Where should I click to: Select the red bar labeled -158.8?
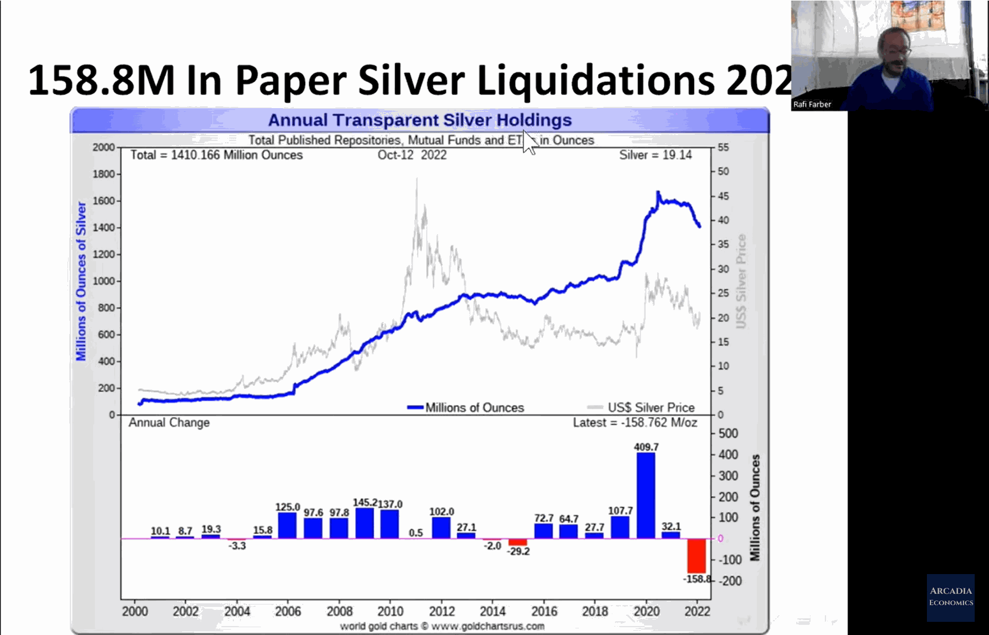click(x=697, y=556)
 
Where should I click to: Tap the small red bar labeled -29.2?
click(x=517, y=542)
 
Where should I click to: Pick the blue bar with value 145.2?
click(x=365, y=523)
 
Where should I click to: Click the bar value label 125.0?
click(x=288, y=507)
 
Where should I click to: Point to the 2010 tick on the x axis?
click(x=390, y=611)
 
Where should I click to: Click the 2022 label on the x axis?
click(x=697, y=611)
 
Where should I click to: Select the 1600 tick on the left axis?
click(x=103, y=201)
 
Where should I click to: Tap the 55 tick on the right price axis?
click(x=723, y=147)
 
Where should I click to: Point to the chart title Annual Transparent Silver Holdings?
click(x=420, y=120)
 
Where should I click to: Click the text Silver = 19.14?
click(x=655, y=155)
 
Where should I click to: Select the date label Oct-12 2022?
click(x=412, y=155)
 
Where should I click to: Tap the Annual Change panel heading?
click(x=170, y=423)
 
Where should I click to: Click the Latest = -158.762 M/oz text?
click(x=635, y=423)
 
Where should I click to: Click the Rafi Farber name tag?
click(x=812, y=105)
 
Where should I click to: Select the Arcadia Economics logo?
click(x=951, y=596)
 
